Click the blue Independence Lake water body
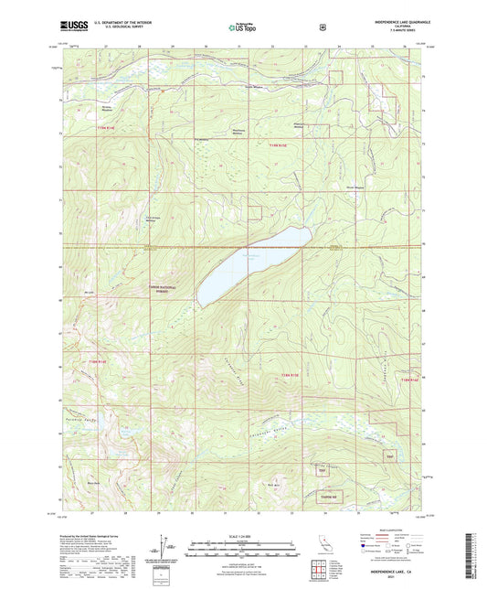point(257,264)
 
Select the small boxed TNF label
point(391,455)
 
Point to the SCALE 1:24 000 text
point(242,534)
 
